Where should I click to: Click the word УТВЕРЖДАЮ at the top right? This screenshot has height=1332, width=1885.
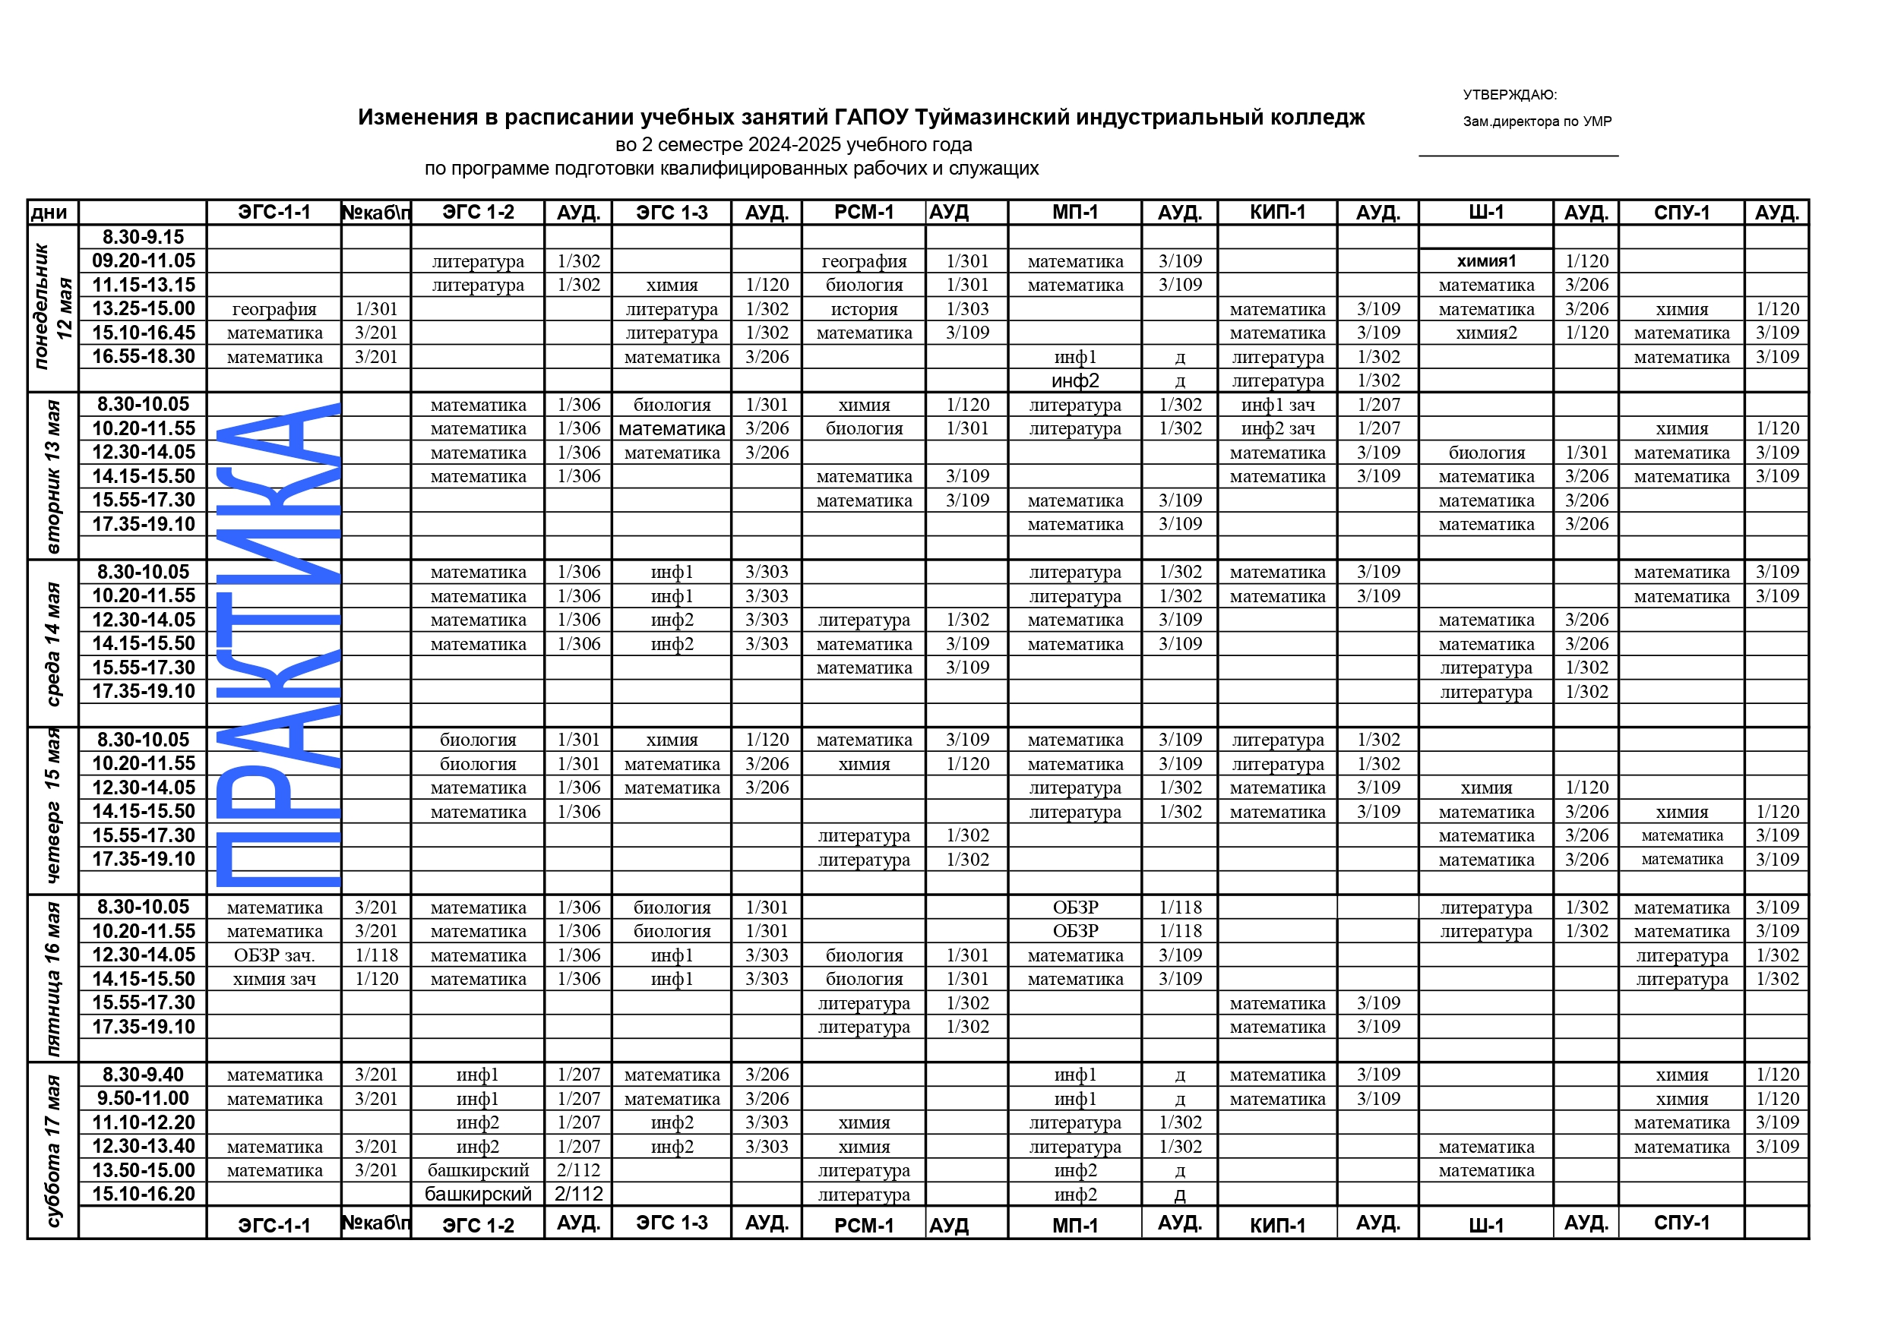coord(1509,95)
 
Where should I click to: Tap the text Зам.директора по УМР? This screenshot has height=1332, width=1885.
coord(1537,122)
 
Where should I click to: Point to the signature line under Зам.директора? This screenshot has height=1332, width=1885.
coord(1518,155)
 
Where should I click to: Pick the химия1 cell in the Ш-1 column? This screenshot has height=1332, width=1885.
coord(1486,261)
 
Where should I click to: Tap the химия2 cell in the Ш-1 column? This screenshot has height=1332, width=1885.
coord(1486,333)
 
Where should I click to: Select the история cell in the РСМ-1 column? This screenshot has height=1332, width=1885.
coord(864,309)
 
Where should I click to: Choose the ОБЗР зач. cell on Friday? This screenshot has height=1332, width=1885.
coord(274,955)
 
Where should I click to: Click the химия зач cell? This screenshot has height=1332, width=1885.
coord(274,979)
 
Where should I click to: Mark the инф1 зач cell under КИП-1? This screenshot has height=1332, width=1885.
coord(1277,406)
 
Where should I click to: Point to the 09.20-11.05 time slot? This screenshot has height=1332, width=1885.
coord(144,261)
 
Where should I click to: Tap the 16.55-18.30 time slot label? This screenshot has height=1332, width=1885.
coord(144,357)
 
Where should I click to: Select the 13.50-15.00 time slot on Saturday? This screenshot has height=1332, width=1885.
coord(144,1170)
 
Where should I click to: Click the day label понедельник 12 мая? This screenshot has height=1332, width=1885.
coord(52,308)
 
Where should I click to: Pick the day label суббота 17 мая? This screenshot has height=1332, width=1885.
coord(52,1149)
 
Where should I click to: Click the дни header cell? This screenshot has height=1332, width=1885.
coord(49,213)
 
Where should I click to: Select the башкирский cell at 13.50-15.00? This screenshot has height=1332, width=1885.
coord(478,1170)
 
